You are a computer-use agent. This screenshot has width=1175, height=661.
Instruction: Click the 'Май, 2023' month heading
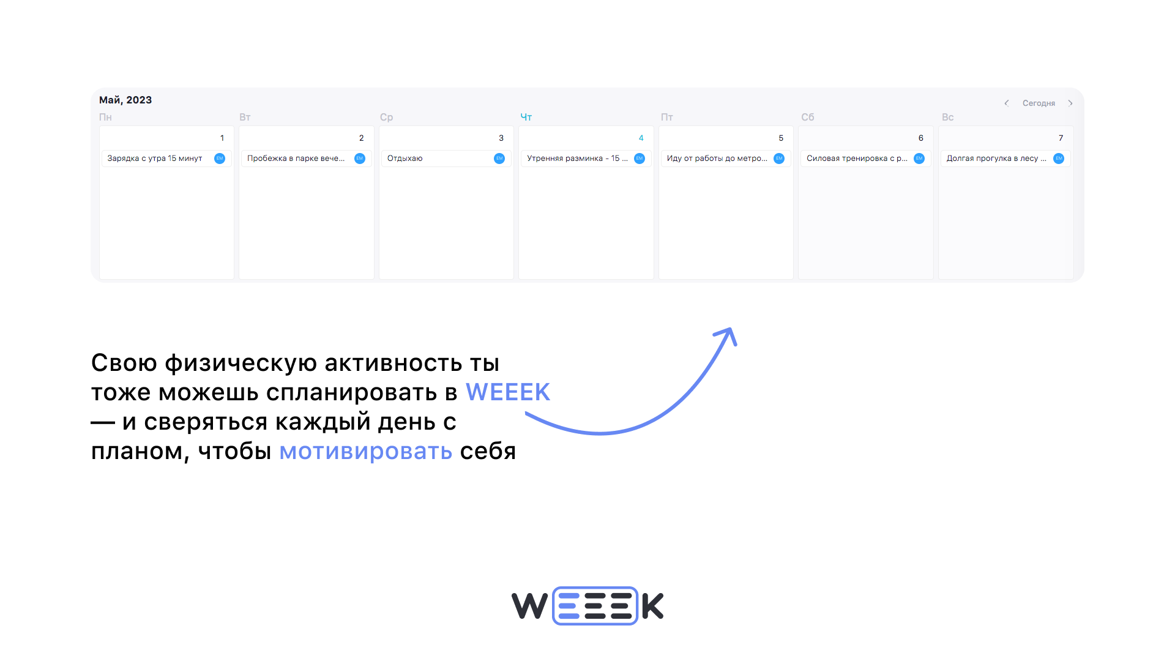[x=125, y=100]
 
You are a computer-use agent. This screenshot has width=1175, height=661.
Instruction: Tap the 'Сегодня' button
[x=1039, y=103]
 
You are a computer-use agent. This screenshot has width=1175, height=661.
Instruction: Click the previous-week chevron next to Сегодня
[x=1006, y=103]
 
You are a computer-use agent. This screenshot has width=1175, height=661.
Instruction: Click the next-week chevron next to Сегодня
[x=1070, y=103]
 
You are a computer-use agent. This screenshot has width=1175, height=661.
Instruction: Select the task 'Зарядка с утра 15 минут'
[x=155, y=159]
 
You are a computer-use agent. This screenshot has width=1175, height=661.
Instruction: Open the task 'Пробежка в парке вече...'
[x=296, y=159]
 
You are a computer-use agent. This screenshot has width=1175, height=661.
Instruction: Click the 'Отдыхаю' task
[x=405, y=159]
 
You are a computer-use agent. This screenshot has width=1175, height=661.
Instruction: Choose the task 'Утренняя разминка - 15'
[x=576, y=159]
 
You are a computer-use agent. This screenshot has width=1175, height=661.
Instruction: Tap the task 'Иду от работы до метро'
[x=716, y=159]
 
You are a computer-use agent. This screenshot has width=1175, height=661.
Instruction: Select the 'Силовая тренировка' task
[x=856, y=159]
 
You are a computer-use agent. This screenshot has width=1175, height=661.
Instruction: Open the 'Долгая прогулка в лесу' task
[x=996, y=159]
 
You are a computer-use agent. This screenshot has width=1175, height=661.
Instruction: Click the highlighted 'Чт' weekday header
[x=526, y=117]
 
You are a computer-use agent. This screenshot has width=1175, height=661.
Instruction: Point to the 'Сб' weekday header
[x=807, y=117]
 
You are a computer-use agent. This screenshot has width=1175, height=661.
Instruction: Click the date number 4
[x=641, y=138]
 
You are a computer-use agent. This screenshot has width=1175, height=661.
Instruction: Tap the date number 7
[x=1061, y=138]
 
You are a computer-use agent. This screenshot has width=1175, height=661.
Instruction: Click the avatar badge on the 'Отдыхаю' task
[x=499, y=159]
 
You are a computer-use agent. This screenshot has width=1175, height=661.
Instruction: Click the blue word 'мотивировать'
[x=365, y=452]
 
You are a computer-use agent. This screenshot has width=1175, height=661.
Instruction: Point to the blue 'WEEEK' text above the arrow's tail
[x=508, y=392]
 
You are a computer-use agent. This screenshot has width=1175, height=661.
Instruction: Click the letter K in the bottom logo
[x=652, y=606]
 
